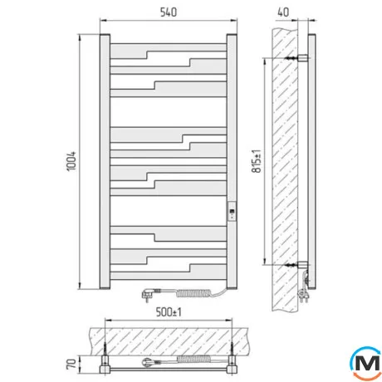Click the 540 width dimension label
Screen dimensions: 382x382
[169, 12]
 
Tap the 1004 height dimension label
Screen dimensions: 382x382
[71, 161]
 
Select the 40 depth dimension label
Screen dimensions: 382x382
[283, 12]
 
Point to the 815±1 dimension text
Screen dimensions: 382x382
[257, 161]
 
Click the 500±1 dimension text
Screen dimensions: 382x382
[169, 312]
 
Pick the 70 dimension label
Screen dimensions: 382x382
[71, 364]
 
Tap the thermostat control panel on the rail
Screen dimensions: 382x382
[232, 211]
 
